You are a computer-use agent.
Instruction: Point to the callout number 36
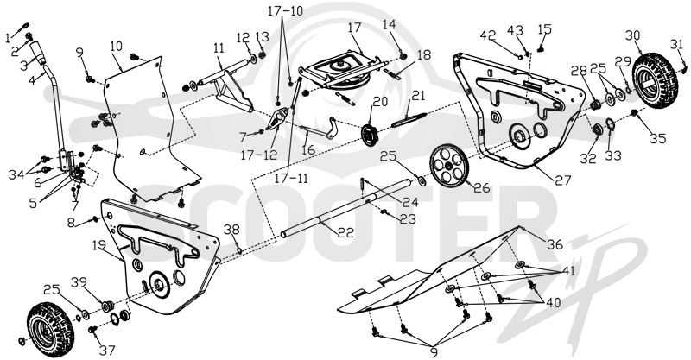pos(555,243)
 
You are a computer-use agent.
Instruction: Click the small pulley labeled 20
pos(369,135)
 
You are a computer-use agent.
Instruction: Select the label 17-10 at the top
pos(286,10)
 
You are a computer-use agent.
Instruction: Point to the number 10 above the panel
pos(116,46)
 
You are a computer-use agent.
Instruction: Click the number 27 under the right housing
pos(563,180)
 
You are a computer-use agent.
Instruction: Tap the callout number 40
pos(555,303)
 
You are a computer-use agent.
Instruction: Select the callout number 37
pos(107,350)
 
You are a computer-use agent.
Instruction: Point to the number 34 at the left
pos(16,175)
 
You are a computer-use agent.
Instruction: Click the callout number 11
pos(219,47)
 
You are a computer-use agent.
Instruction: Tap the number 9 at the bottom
pos(435,352)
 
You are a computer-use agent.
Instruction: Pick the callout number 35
pos(657,138)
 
